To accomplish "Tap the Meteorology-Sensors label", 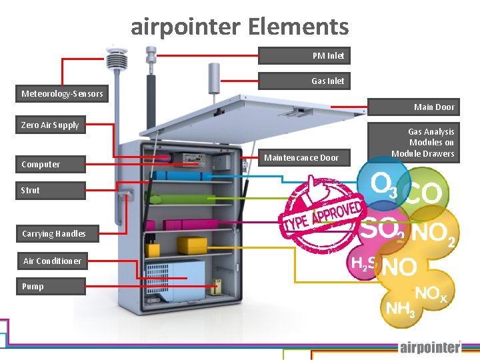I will click(62, 93).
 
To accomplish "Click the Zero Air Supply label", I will click(51, 125).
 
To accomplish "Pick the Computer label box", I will click(51, 164).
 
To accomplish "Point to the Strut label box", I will click(51, 190).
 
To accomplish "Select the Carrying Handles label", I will click(53, 233).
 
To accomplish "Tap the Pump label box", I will click(51, 286).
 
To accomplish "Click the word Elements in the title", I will click(298, 27).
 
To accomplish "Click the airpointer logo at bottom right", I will click(430, 347).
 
